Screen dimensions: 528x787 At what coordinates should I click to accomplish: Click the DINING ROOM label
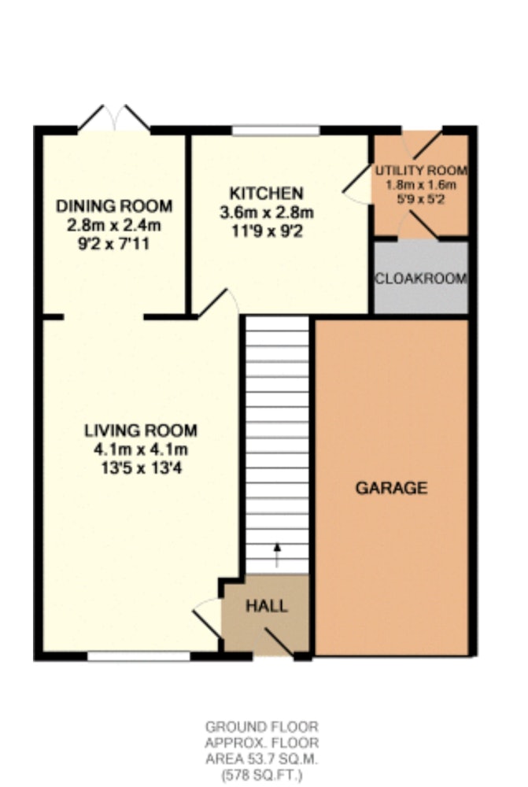(x=114, y=205)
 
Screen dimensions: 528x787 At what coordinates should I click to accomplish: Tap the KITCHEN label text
(x=267, y=194)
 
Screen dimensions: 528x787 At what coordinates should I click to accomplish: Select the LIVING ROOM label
(x=141, y=430)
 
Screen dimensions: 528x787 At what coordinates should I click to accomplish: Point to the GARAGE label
(x=392, y=488)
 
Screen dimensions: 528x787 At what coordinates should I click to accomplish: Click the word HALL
(x=267, y=606)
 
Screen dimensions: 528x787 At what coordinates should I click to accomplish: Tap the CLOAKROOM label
(x=422, y=279)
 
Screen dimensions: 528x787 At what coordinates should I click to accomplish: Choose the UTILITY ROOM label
(x=422, y=171)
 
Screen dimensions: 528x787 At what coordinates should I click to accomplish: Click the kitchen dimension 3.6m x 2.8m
(x=267, y=212)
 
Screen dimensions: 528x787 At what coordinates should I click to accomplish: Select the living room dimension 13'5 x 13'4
(x=141, y=468)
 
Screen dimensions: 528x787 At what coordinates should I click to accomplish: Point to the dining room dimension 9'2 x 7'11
(x=114, y=244)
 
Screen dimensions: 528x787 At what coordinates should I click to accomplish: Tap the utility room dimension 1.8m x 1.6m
(x=421, y=185)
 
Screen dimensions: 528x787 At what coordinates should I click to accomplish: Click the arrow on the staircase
(x=276, y=555)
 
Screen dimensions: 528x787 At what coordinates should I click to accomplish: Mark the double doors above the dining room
(x=114, y=118)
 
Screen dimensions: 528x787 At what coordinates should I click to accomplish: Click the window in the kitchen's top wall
(x=275, y=131)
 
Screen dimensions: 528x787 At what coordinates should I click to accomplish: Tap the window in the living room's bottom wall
(x=138, y=656)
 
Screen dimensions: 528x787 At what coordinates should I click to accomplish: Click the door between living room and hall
(x=207, y=619)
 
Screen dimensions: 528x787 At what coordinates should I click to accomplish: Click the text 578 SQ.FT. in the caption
(x=262, y=775)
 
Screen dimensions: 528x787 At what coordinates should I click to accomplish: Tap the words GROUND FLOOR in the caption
(x=262, y=726)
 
